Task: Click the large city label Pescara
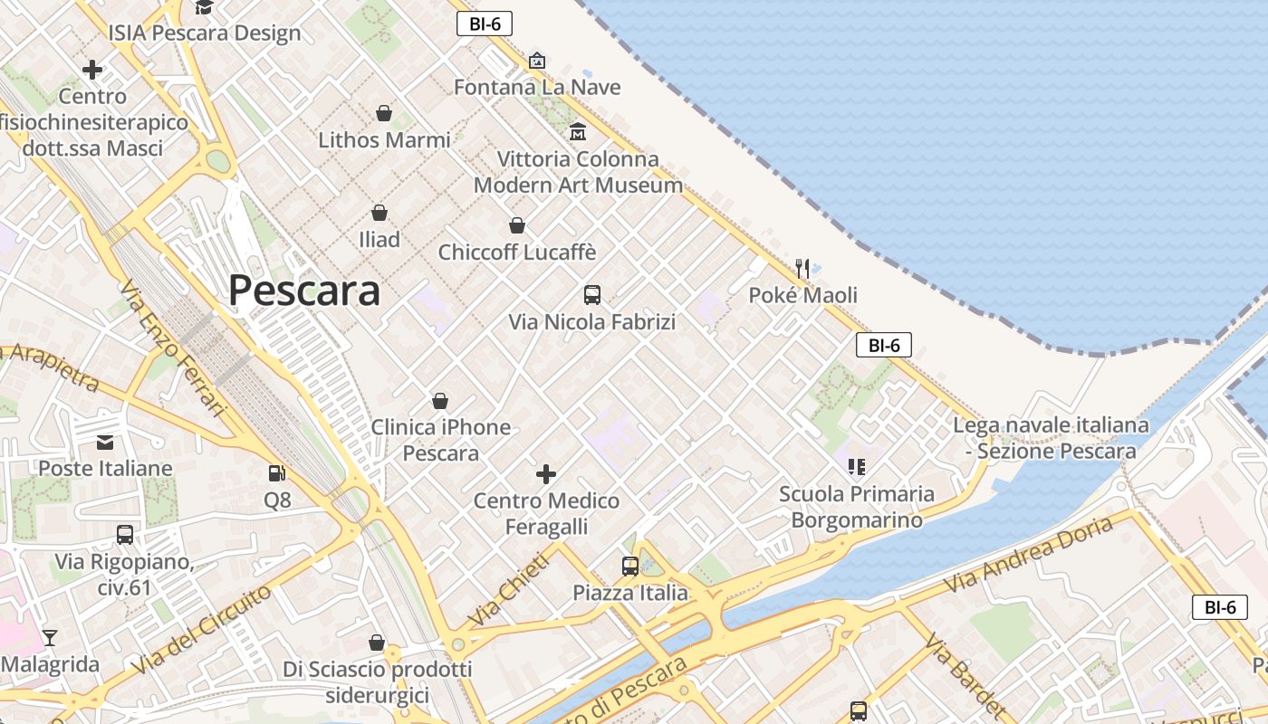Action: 303,291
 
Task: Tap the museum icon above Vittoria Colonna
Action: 578,132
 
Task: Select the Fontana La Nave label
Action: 537,87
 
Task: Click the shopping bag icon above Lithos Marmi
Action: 384,113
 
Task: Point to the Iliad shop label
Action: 379,240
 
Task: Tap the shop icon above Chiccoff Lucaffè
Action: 517,224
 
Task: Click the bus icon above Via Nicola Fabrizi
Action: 592,294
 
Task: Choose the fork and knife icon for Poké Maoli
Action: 802,268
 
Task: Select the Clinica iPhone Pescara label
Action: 441,440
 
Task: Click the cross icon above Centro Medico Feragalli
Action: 546,473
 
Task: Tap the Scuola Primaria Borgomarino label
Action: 857,507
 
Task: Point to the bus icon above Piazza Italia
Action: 630,567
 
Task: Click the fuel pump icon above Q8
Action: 276,472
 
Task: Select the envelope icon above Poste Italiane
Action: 105,442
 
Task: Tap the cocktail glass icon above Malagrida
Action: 50,637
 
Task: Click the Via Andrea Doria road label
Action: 1029,555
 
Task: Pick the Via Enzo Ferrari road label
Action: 172,348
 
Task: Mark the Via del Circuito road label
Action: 201,629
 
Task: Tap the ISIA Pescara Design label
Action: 205,33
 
